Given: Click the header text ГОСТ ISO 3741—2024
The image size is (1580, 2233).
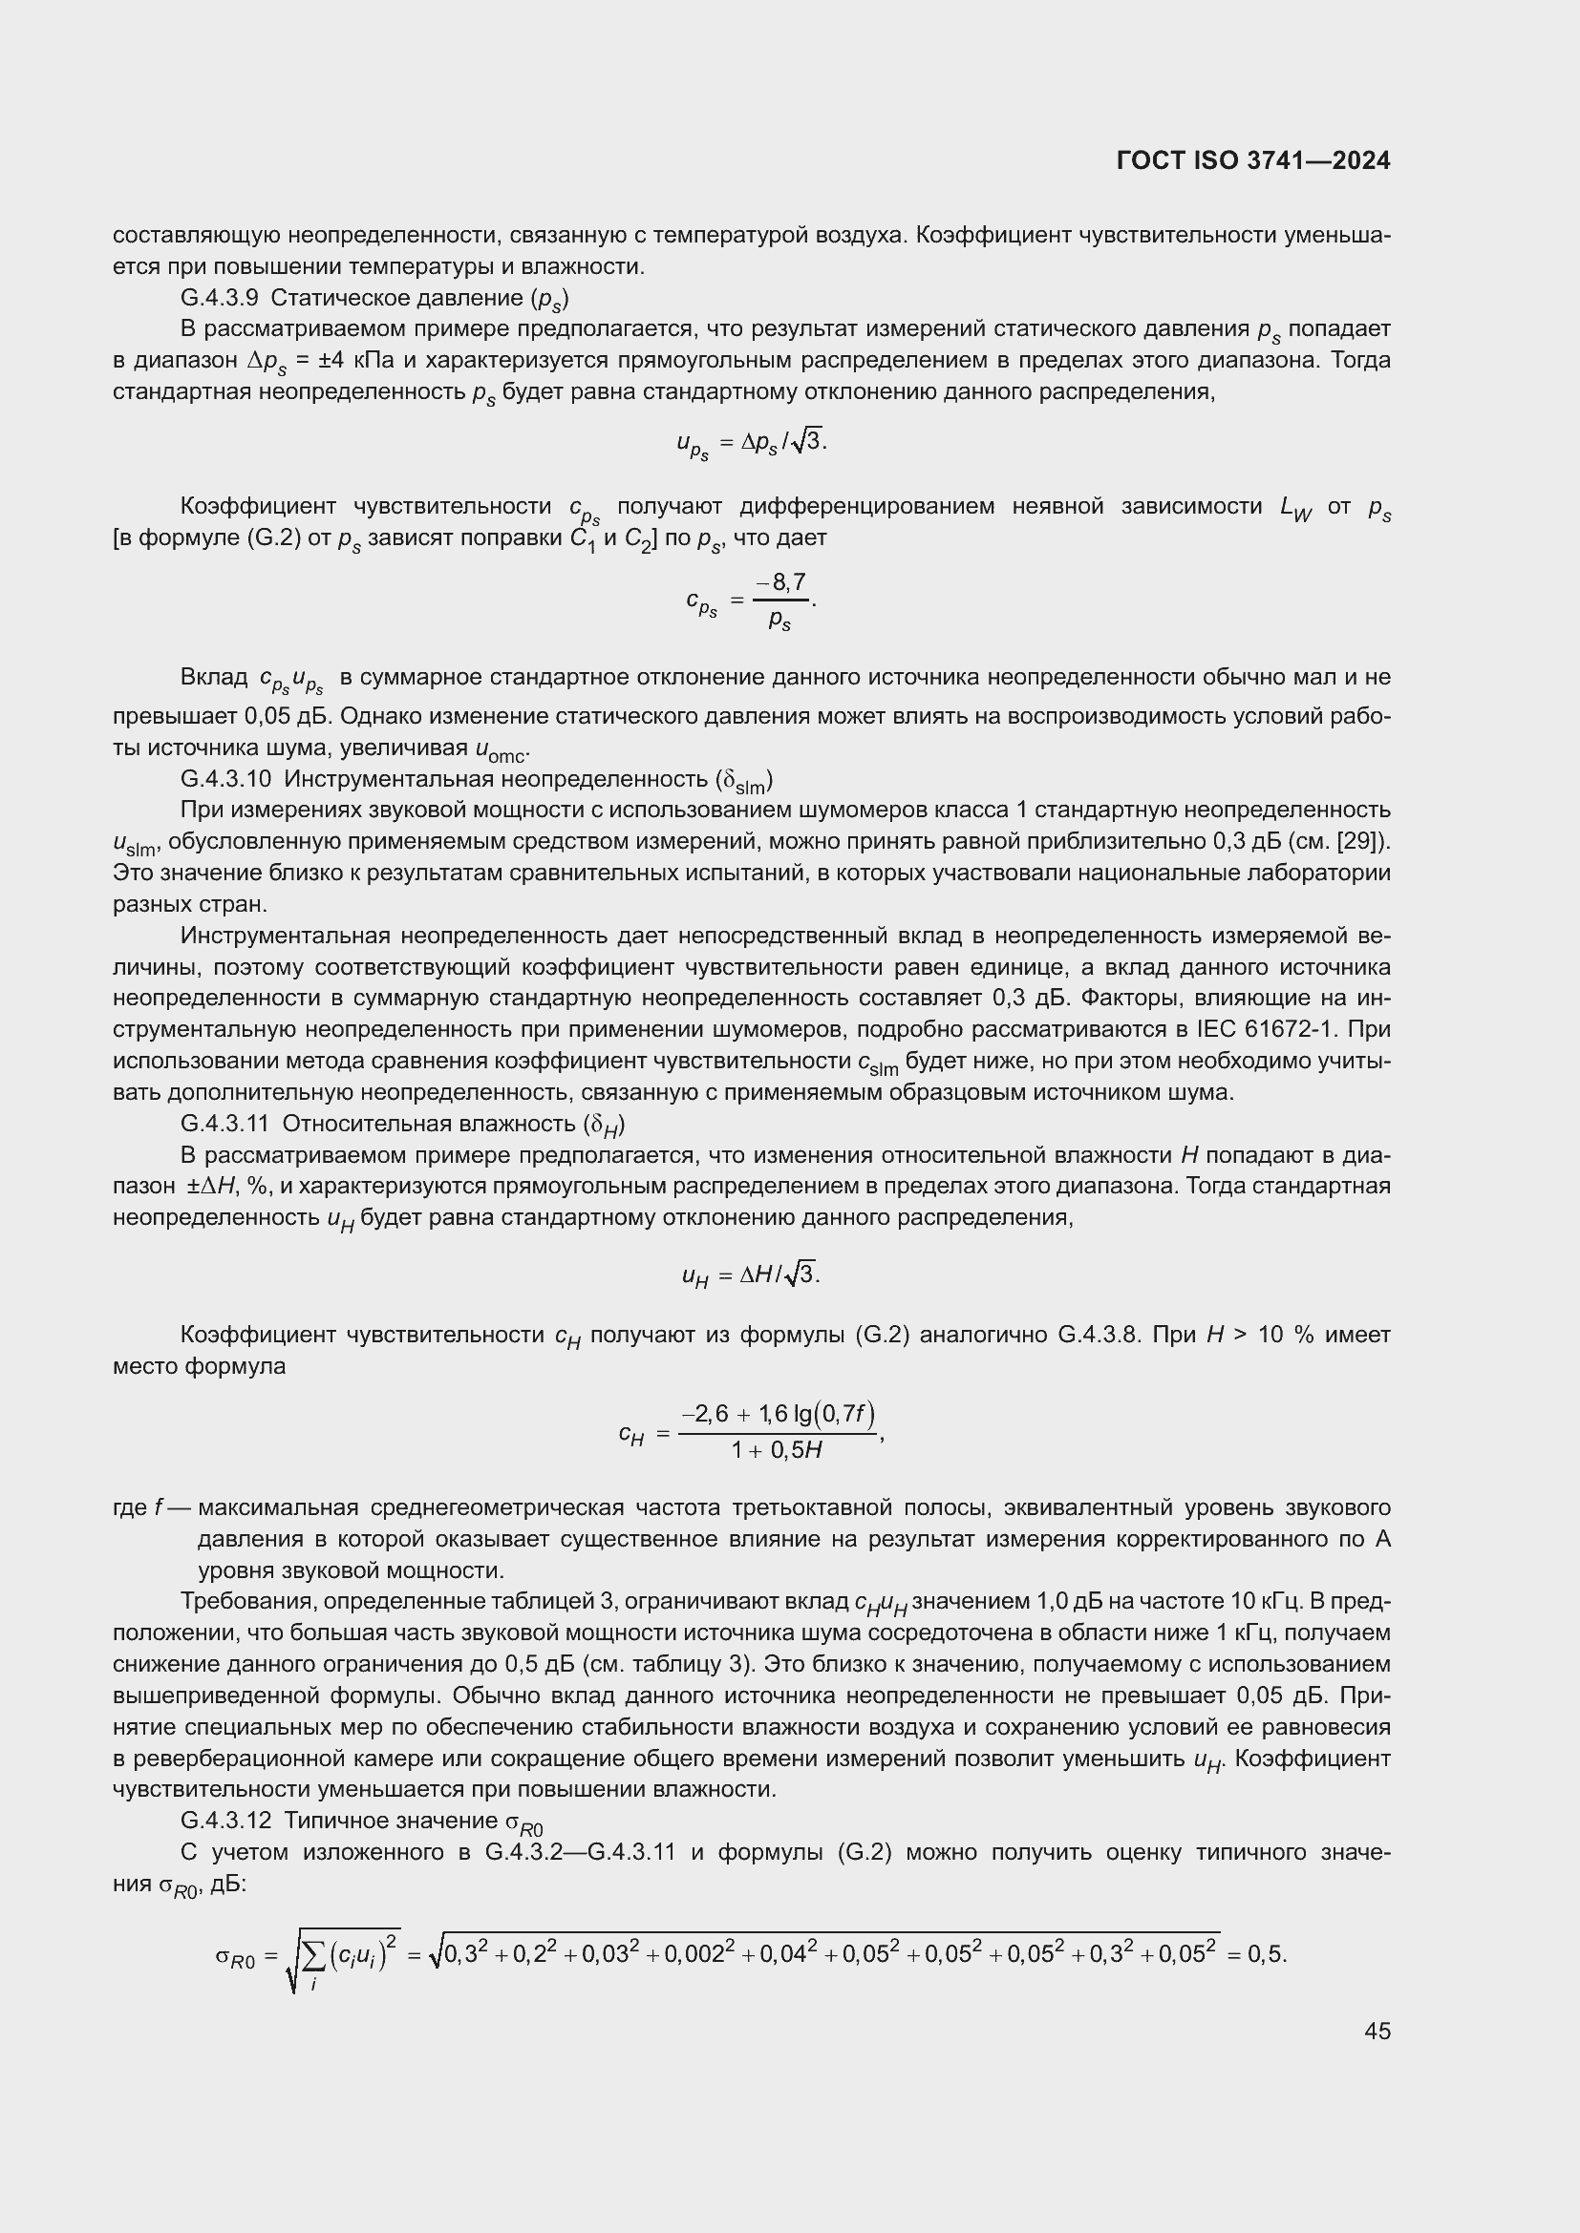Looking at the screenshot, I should [1253, 160].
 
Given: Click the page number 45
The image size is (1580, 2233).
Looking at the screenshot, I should [1377, 2031].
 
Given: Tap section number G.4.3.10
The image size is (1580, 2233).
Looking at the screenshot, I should [225, 779].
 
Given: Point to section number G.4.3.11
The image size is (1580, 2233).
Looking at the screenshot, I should [224, 1125].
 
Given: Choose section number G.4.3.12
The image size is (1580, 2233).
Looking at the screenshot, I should [225, 1821].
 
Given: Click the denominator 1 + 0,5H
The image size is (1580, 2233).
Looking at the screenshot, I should [777, 1450].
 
